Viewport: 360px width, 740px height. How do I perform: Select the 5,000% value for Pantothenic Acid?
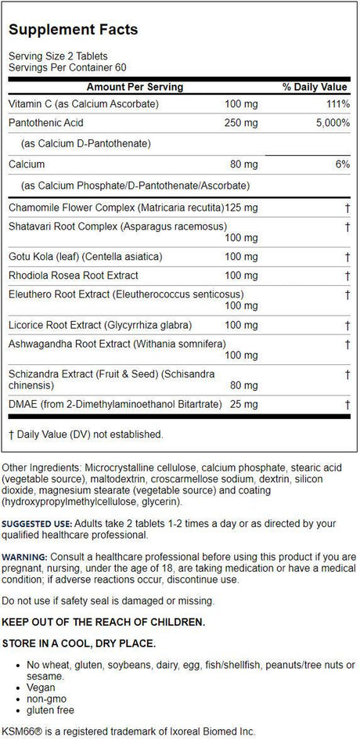click(329, 124)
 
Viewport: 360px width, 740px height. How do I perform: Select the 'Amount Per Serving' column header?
click(135, 86)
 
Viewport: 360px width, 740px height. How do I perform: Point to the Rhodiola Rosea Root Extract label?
click(74, 276)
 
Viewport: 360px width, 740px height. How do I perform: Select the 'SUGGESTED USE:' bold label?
click(41, 523)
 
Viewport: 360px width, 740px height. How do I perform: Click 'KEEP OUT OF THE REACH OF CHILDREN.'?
click(105, 622)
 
